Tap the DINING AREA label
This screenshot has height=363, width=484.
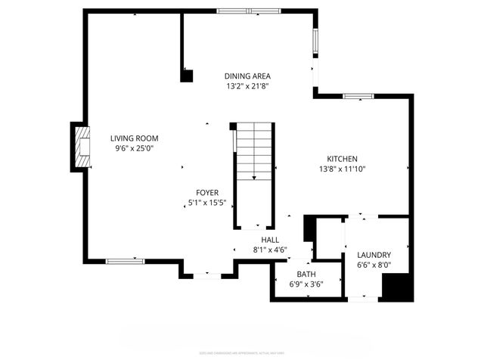click(247, 76)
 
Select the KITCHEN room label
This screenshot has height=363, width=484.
click(341, 159)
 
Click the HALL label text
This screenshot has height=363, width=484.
click(270, 240)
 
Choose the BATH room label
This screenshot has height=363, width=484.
click(306, 275)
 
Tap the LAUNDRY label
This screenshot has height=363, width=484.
click(374, 255)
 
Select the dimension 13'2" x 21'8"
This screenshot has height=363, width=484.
click(247, 86)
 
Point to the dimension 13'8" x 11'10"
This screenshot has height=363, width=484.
click(341, 169)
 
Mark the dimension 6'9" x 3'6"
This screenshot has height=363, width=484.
click(306, 284)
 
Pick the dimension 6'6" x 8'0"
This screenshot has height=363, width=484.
click(374, 265)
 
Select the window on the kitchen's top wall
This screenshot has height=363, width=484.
click(358, 97)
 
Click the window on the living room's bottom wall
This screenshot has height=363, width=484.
click(125, 262)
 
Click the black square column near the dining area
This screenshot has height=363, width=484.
click(187, 75)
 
